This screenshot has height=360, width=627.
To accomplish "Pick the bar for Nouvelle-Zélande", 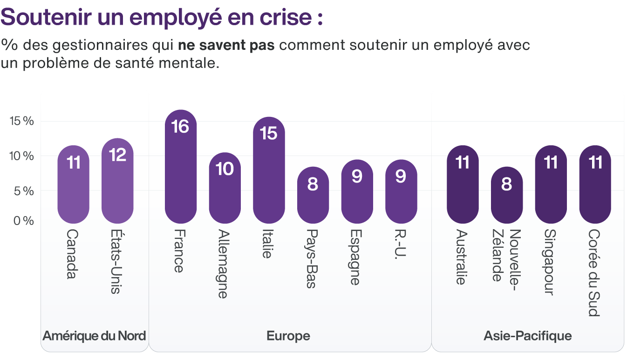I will click(x=507, y=195).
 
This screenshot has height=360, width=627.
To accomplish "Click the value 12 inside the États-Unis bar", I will click(x=117, y=155).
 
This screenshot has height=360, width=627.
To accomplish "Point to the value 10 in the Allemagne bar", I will click(x=225, y=169).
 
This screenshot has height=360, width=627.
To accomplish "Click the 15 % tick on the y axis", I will click(x=22, y=121).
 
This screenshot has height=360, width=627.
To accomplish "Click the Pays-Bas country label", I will click(x=312, y=258).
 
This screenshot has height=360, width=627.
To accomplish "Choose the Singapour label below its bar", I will click(x=551, y=262).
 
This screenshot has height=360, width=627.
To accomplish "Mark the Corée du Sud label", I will click(x=594, y=272).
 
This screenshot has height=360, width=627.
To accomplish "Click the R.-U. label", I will click(x=401, y=245).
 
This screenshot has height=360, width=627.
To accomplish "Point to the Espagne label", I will click(x=356, y=257).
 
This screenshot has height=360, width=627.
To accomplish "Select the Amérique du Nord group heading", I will click(x=94, y=336).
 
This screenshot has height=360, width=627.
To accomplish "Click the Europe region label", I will click(x=288, y=336).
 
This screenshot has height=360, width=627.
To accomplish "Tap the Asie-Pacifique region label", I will click(x=527, y=336).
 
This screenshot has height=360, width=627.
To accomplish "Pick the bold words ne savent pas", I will click(x=226, y=46).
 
